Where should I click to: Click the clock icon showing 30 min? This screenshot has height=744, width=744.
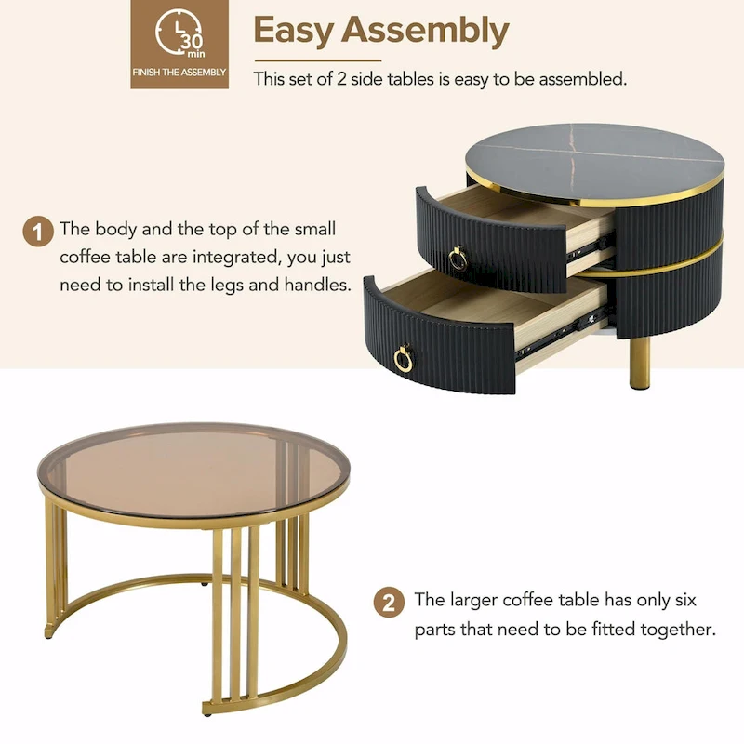click(179, 35)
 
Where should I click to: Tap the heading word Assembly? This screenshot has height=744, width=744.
click(425, 31)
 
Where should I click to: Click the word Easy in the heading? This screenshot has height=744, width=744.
click(294, 31)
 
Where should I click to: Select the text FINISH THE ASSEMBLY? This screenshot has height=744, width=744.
click(179, 73)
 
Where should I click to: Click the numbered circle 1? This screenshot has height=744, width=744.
click(38, 231)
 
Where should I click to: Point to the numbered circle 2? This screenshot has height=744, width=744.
click(389, 603)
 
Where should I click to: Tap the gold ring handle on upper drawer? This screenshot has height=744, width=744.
click(458, 258)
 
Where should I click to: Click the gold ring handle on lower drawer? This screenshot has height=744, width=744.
click(404, 358)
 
